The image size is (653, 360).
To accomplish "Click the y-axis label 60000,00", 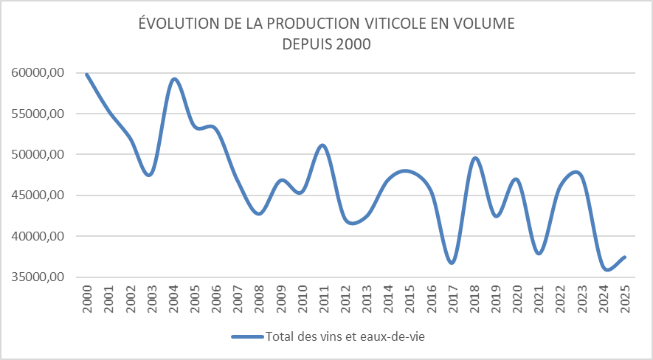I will (x=39, y=73).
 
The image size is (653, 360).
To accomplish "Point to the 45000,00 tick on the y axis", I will (x=39, y=195).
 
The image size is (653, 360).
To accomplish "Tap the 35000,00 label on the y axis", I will (x=39, y=277).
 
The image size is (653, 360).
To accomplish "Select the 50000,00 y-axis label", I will (x=39, y=155).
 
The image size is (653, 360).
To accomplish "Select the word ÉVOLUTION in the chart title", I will (x=177, y=24).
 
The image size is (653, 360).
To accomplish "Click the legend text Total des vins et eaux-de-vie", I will (x=348, y=337).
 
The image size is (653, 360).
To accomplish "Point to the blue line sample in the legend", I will (x=247, y=337).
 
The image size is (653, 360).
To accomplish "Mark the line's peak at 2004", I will (x=174, y=79).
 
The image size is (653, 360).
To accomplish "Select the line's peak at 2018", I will (x=474, y=158).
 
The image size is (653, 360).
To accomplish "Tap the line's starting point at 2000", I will (x=88, y=75).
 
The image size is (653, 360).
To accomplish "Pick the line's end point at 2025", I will (x=625, y=257).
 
